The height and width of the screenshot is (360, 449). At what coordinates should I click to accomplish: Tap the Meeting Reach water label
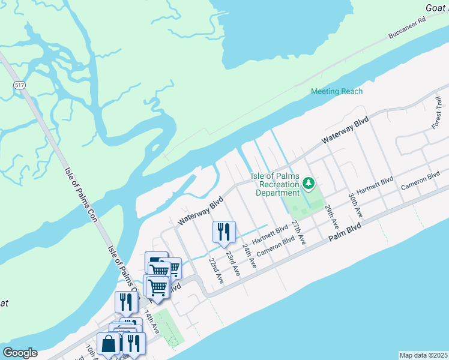337,91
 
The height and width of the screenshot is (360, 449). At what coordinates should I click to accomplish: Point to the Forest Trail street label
436,118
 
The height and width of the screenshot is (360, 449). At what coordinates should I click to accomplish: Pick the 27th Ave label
298,232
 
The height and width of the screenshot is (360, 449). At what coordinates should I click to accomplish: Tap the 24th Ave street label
249,256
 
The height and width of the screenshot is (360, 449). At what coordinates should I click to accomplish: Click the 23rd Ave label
232,263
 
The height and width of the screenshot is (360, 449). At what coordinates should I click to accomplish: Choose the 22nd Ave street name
215,271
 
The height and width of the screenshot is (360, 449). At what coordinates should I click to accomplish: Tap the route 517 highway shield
20,86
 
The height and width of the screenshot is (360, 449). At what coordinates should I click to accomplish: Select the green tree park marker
309,182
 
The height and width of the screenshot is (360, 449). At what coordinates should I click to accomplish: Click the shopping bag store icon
109,345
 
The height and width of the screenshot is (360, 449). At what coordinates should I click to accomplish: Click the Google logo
20,353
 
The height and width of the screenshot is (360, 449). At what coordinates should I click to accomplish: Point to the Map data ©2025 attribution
423,355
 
